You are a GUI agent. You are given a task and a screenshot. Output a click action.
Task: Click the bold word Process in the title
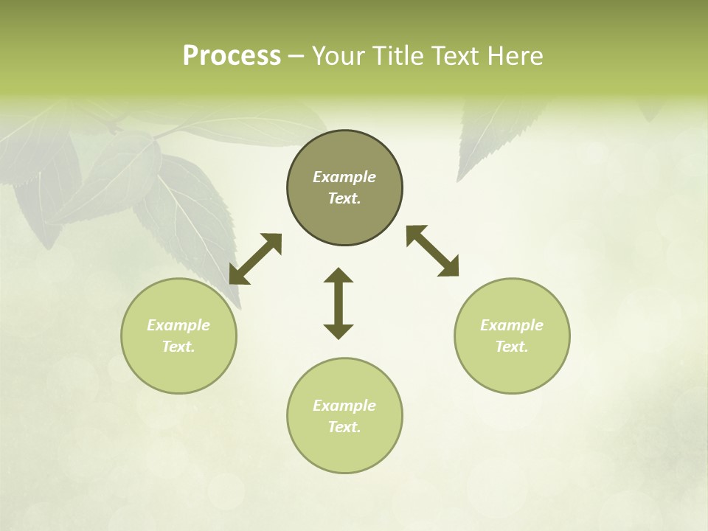coord(232,56)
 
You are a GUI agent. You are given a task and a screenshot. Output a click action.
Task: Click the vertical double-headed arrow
coord(339,303)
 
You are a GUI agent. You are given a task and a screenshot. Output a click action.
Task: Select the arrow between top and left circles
coord(255,259)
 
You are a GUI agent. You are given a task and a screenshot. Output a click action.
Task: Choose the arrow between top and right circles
coord(433,251)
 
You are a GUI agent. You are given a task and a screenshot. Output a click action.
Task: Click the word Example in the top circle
coord(344,177)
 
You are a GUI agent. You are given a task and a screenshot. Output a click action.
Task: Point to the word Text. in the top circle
coord(344,198)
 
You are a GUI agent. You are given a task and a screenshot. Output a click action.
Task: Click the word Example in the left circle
coord(178,325)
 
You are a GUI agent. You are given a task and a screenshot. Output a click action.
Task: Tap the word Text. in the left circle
coord(178,347)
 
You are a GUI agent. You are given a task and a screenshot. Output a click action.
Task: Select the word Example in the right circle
coord(512,325)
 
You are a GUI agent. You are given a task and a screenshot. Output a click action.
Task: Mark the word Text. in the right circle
coord(512,347)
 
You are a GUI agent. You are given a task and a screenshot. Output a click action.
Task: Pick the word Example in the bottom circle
coord(344,406)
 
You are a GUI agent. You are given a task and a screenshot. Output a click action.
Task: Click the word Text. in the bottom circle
coord(344,427)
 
